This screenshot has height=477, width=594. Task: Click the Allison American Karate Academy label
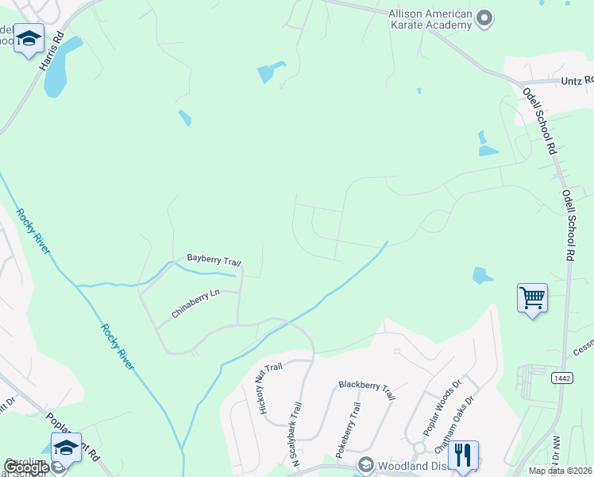point(430,19)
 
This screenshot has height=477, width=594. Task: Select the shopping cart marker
point(531,299)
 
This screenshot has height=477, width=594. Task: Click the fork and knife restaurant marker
point(462,456)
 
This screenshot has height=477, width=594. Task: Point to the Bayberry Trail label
point(214,260)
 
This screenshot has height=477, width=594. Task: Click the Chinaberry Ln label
point(195,304)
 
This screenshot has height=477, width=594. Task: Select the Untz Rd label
point(577,80)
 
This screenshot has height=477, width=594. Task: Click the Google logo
point(26,467)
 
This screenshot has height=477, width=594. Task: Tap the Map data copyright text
point(561,471)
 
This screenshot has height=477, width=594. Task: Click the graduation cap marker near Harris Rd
point(29,38)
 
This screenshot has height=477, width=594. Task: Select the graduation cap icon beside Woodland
point(366,463)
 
